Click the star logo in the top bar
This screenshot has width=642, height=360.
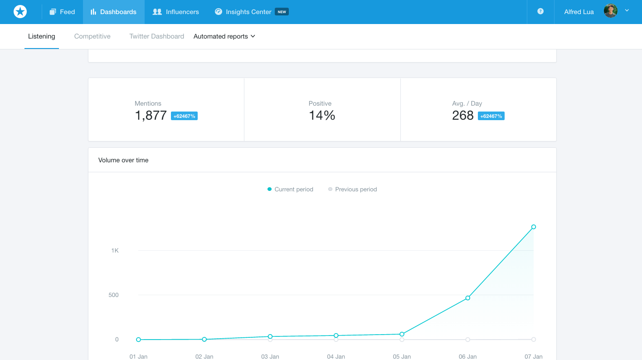pyautogui.click(x=20, y=12)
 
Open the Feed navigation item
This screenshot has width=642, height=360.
pyautogui.click(x=62, y=12)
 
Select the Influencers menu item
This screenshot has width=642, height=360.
pyautogui.click(x=175, y=12)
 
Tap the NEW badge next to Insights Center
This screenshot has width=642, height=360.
pyautogui.click(x=282, y=12)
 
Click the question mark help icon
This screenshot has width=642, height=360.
pyautogui.click(x=540, y=11)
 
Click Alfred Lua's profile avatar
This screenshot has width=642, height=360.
pyautogui.click(x=610, y=11)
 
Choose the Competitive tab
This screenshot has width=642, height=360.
pyautogui.click(x=92, y=36)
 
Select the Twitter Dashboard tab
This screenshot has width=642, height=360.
pyautogui.click(x=156, y=36)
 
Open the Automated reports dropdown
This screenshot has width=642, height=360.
pyautogui.click(x=224, y=36)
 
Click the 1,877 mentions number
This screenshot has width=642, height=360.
pyautogui.click(x=151, y=116)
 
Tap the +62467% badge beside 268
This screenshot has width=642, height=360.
pyautogui.click(x=491, y=116)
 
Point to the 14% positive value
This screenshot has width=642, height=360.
pyautogui.click(x=322, y=116)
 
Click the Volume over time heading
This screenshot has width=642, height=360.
pyautogui.click(x=123, y=160)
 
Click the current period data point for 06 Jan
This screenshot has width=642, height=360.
pyautogui.click(x=467, y=298)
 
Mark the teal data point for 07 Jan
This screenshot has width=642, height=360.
pyautogui.click(x=534, y=227)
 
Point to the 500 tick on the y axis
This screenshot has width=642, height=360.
pyautogui.click(x=113, y=295)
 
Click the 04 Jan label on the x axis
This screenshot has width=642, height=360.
pyautogui.click(x=336, y=356)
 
